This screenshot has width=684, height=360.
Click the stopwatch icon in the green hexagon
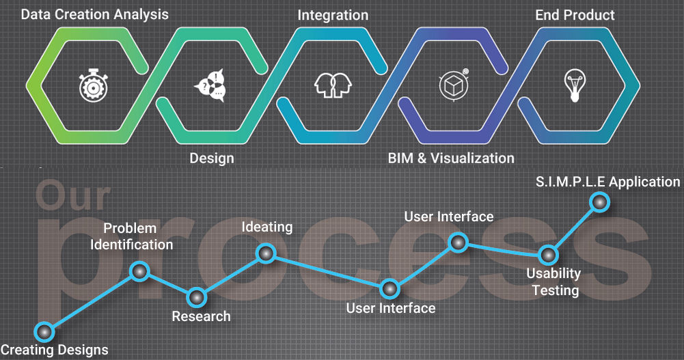tap(90, 86)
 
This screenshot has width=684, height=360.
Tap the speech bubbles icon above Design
tap(210, 86)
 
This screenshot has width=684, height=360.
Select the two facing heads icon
tap(332, 85)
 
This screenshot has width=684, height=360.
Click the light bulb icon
tap(573, 85)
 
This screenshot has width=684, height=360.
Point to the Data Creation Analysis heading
tap(94, 14)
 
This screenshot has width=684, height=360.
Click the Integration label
tap(333, 14)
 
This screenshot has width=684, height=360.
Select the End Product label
tap(575, 14)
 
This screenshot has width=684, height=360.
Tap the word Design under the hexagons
tap(212, 158)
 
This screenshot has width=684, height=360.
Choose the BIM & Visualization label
tap(451, 158)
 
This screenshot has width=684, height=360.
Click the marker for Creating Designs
tap(44, 332)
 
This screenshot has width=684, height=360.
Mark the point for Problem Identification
tap(139, 272)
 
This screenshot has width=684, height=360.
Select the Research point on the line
tap(196, 298)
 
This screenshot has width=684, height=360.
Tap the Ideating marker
tap(265, 254)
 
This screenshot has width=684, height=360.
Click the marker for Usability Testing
tap(547, 255)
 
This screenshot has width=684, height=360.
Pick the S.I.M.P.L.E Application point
tap(599, 202)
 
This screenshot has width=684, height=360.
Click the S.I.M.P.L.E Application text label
tap(607, 182)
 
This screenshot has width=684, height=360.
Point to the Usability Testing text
tap(553, 282)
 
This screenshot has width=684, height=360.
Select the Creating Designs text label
tap(55, 350)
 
